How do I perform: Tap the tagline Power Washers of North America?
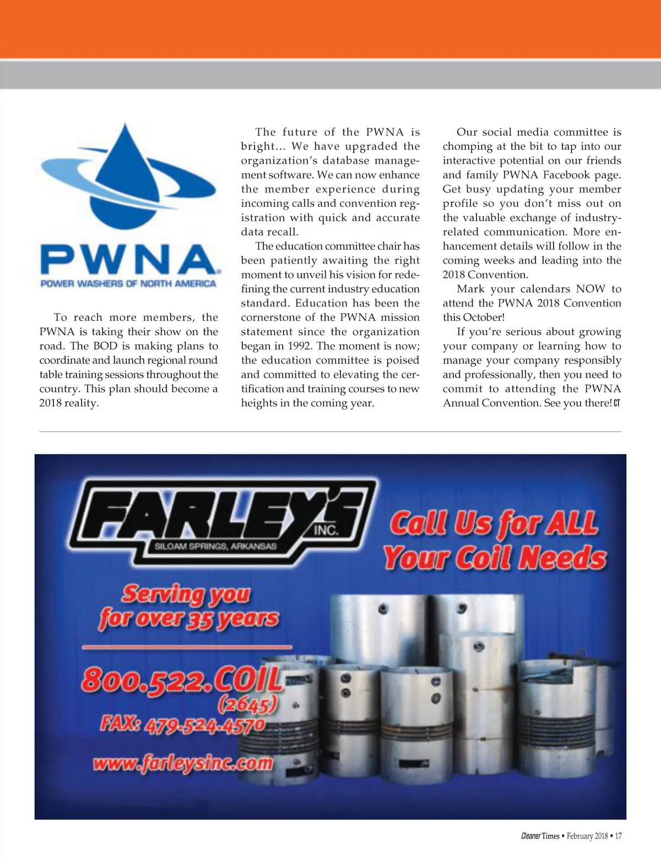tap(128, 283)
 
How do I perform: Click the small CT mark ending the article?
tap(617, 403)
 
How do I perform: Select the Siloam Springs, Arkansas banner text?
tap(215, 546)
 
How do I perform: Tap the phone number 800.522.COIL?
tap(182, 680)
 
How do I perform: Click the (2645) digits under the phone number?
tap(247, 704)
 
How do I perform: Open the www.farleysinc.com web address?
tap(183, 764)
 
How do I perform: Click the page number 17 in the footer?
tap(618, 836)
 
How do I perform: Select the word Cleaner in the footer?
tap(531, 836)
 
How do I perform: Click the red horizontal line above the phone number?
tap(187, 646)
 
